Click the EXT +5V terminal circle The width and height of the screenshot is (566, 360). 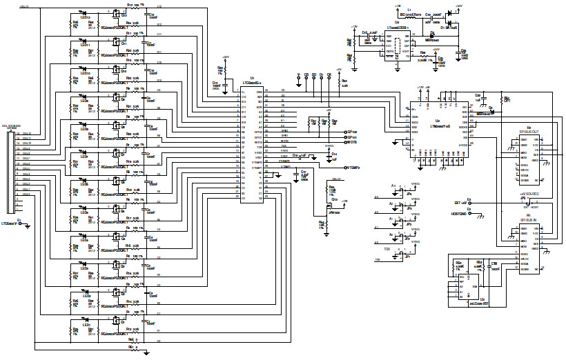tap(469, 202)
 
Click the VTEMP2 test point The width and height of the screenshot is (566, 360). tap(345, 167)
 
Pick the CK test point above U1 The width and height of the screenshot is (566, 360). tap(329, 76)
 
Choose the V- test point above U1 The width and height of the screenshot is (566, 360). tap(298, 76)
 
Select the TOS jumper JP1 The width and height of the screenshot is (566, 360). tap(400, 254)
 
